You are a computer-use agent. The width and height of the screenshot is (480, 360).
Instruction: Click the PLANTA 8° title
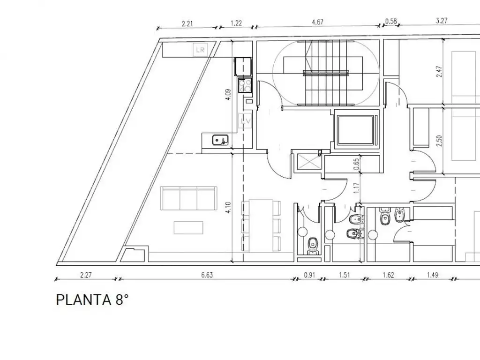pyautogui.click(x=92, y=300)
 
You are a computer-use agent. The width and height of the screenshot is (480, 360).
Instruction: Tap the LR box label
pyautogui.click(x=200, y=50)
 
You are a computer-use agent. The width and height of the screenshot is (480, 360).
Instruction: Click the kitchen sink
pyautogui.click(x=220, y=140)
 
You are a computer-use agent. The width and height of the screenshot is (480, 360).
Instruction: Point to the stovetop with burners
pyautogui.click(x=245, y=84)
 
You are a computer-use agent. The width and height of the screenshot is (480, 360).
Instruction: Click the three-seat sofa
pyautogui.click(x=189, y=198)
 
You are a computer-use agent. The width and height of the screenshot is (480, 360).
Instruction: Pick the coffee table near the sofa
pyautogui.click(x=188, y=228)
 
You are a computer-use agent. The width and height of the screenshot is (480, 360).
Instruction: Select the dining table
pyautogui.click(x=261, y=226)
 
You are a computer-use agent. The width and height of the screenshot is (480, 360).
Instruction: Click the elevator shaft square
pyautogui.click(x=355, y=130)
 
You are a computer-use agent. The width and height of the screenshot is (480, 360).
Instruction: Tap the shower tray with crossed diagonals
pyautogui.click(x=308, y=162)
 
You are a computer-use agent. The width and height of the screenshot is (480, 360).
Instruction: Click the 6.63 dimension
pyautogui.click(x=207, y=275)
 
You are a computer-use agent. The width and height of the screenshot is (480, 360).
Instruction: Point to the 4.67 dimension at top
pyautogui.click(x=317, y=22)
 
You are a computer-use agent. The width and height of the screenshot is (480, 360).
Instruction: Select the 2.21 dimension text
pyautogui.click(x=187, y=23)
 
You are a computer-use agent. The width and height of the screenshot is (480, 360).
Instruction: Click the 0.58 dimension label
pyautogui.click(x=391, y=21)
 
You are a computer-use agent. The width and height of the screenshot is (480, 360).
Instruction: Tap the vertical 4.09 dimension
pyautogui.click(x=228, y=95)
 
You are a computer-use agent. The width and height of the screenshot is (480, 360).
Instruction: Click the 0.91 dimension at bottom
pyautogui.click(x=309, y=275)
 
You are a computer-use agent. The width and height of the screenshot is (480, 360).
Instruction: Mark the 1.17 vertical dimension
pyautogui.click(x=356, y=188)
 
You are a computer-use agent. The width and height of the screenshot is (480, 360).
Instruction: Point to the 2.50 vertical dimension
pyautogui.click(x=439, y=141)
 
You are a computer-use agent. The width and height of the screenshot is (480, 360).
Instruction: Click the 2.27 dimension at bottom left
pyautogui.click(x=86, y=275)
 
